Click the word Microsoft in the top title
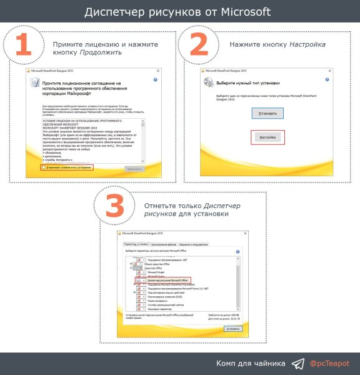point(240,12)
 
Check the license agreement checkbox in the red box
point(42,167)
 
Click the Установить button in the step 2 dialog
point(268,112)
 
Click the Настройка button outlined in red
point(267,137)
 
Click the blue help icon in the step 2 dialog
point(341,84)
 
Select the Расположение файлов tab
point(167,244)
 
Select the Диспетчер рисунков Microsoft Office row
point(164,281)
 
